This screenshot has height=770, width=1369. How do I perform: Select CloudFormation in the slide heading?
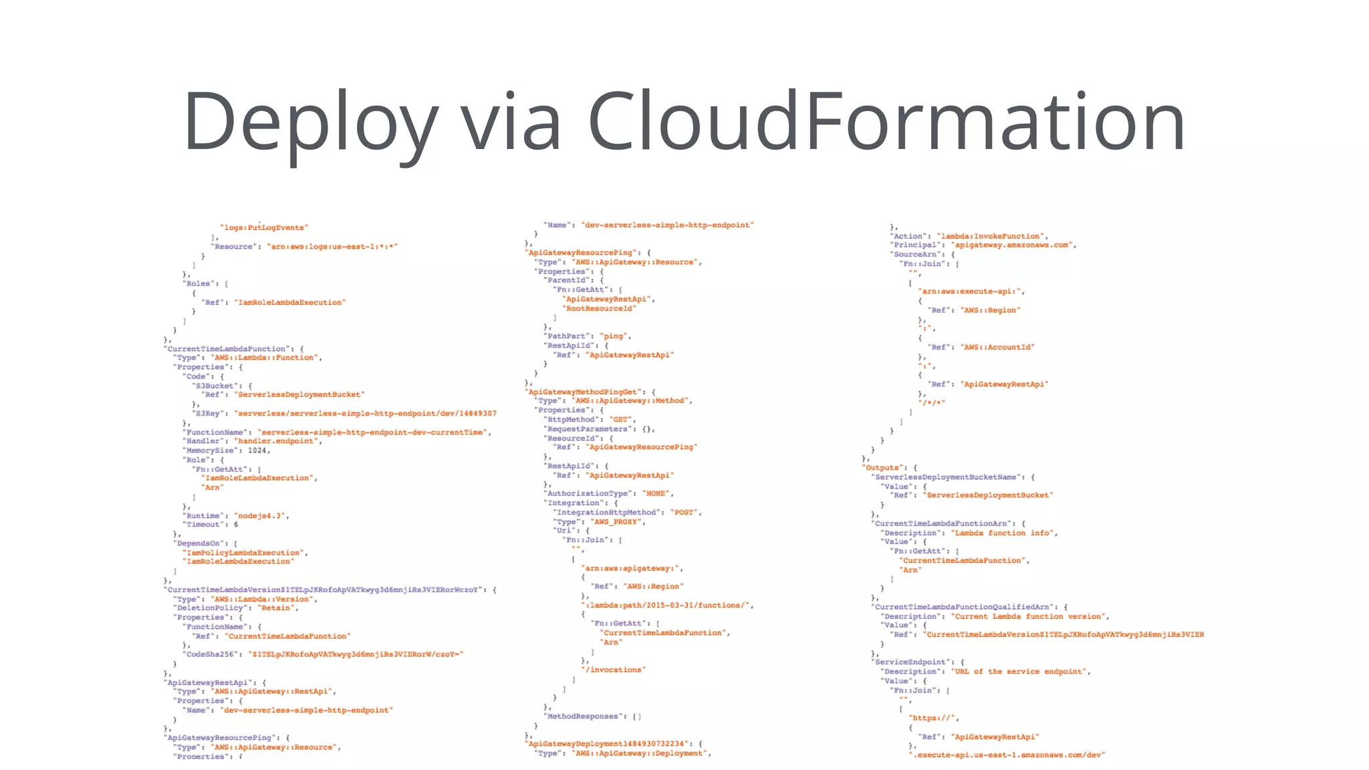[886, 122]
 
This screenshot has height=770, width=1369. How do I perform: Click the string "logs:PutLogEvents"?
[264, 228]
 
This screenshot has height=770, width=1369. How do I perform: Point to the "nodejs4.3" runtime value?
[261, 516]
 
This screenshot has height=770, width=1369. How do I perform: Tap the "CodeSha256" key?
[211, 654]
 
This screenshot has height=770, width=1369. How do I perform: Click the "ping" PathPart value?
[614, 336]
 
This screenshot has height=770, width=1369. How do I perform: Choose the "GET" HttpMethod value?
[621, 420]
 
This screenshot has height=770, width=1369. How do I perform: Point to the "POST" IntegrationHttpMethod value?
[684, 513]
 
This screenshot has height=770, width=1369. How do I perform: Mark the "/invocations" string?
[614, 670]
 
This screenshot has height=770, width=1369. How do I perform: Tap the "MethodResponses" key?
[583, 717]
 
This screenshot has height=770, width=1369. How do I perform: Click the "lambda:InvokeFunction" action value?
[992, 237]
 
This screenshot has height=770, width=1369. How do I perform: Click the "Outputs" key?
[882, 468]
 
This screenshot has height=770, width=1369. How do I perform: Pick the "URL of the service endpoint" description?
[1021, 672]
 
